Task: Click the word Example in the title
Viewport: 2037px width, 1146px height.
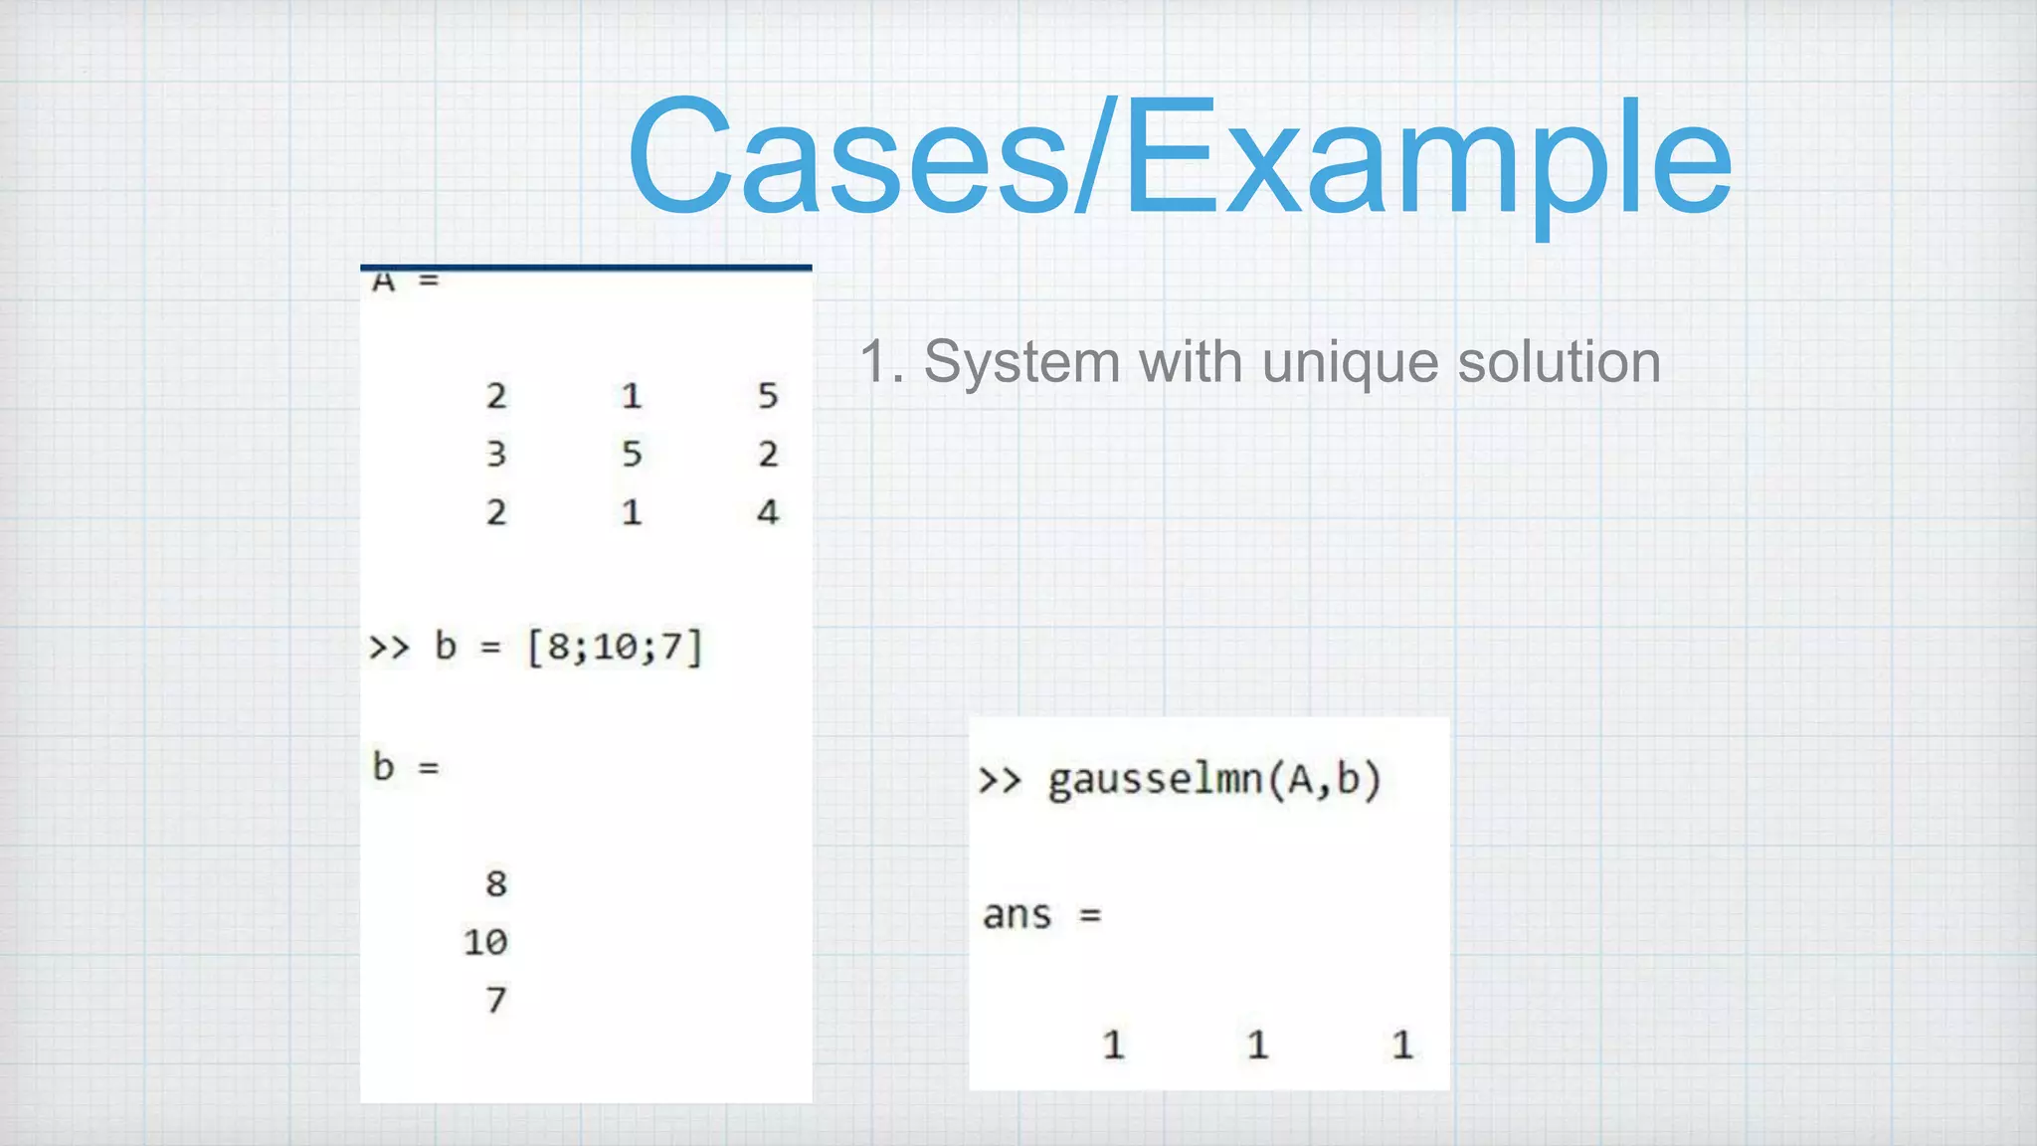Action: coord(1428,157)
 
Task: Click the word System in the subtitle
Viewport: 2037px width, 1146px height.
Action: coord(1021,362)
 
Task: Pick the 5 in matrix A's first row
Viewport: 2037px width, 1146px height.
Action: coord(767,396)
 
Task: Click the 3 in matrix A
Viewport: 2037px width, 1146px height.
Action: coord(496,455)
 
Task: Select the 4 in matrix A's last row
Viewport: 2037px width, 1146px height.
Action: coord(767,512)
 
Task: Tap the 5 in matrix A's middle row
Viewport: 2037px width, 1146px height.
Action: coord(632,455)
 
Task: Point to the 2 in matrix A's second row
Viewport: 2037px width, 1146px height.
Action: coord(767,455)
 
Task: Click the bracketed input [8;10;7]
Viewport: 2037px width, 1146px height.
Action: coord(615,648)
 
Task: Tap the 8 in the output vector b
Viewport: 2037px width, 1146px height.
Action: coord(496,883)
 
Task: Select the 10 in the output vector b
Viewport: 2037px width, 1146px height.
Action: coord(485,942)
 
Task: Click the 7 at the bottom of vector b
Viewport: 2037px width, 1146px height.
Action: coord(496,1000)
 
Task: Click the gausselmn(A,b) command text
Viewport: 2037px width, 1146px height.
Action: coord(1214,780)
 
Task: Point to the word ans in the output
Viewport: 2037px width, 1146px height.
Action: coord(1017,915)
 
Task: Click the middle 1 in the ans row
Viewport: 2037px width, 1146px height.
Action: coord(1257,1045)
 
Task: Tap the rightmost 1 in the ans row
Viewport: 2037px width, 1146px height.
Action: coord(1401,1045)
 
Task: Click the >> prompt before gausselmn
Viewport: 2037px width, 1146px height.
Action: coord(1000,780)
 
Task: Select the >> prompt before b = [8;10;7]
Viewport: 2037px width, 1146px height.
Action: coord(389,648)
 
